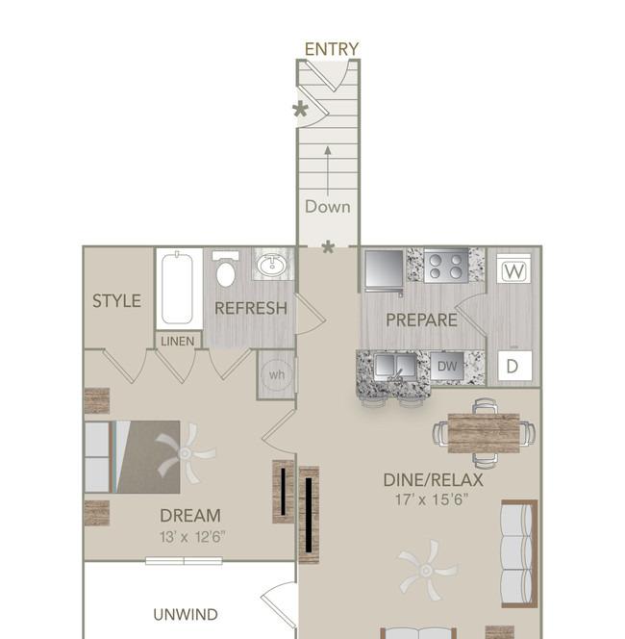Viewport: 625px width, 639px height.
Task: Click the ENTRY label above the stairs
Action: click(332, 49)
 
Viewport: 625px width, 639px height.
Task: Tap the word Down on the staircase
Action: click(327, 207)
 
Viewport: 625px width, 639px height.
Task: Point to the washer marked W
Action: click(513, 268)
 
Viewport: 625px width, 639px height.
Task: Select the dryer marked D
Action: click(514, 366)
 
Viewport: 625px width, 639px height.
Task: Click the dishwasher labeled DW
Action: click(447, 366)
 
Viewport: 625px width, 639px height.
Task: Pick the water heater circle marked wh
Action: click(277, 373)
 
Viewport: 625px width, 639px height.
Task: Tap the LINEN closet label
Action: click(178, 341)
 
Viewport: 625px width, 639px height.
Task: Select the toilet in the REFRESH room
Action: click(225, 269)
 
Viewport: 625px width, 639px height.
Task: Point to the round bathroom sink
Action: click(273, 265)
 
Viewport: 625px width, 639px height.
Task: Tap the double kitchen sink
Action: click(395, 366)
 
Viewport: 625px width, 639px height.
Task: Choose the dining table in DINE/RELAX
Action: click(484, 433)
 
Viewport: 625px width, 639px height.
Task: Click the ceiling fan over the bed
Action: click(186, 453)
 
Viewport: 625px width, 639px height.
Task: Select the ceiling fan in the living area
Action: click(426, 570)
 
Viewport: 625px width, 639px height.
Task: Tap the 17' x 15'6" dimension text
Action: click(432, 499)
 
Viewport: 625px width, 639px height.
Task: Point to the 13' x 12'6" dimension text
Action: click(191, 537)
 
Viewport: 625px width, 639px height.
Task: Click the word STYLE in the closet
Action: click(116, 301)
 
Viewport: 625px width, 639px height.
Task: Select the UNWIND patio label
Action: click(186, 614)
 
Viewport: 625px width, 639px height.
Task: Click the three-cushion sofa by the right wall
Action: click(519, 553)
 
